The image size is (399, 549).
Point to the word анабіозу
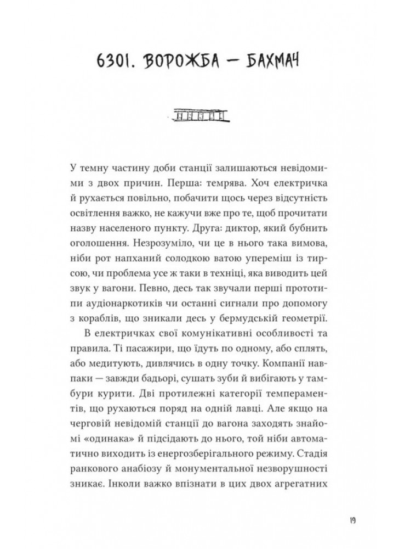pyautogui.click(x=135, y=464)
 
